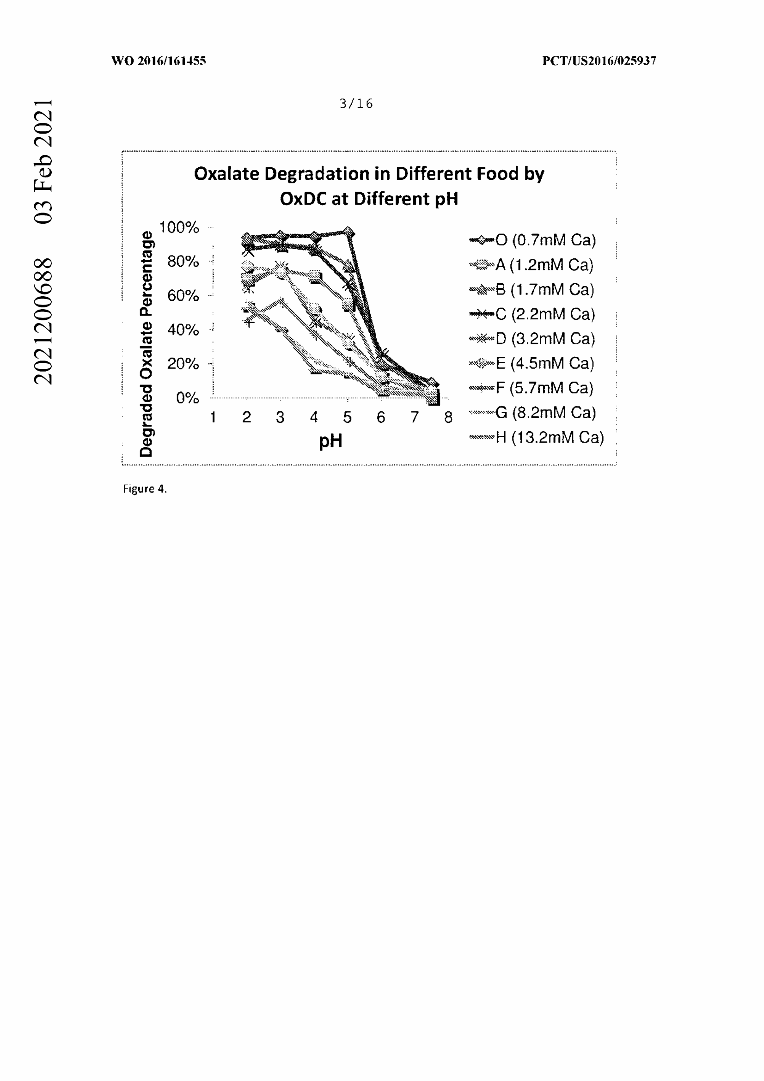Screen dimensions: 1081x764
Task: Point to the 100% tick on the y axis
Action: point(179,227)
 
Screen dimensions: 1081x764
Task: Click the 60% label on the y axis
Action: point(183,296)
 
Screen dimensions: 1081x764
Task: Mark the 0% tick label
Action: point(187,398)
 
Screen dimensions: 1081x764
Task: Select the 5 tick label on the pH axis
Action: point(348,417)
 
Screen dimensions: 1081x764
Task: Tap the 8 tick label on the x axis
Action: point(448,417)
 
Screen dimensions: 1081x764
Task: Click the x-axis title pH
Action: point(330,441)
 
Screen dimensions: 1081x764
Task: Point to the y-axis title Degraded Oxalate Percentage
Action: point(147,344)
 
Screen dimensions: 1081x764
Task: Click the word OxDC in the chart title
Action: point(303,199)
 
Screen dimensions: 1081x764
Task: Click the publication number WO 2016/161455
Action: point(159,61)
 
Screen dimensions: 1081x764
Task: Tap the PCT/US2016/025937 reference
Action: point(599,61)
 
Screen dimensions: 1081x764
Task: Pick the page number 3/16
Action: point(356,104)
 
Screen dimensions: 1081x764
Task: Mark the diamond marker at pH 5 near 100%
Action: point(348,232)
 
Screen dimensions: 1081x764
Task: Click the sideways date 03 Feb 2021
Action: point(43,161)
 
